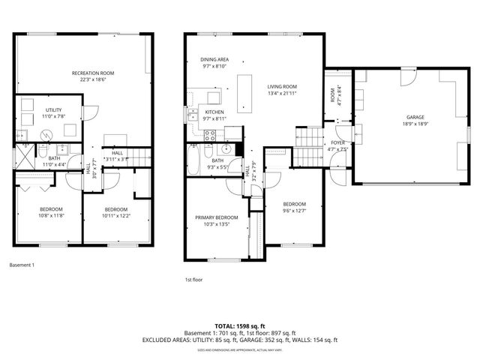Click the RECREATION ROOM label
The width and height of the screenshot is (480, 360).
pos(93,73)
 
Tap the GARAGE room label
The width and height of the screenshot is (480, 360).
pos(415,117)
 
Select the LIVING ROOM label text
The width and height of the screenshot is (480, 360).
pos(283,87)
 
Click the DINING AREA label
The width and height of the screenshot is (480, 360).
pos(214,59)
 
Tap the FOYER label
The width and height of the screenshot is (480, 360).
pos(338,142)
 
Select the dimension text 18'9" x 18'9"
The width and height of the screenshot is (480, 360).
pos(415,124)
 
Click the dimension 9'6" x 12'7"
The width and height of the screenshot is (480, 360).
pos(294,211)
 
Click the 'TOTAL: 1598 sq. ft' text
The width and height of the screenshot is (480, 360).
pos(239,326)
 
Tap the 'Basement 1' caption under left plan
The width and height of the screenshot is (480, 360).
pos(22,265)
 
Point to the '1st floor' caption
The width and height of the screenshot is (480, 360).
pos(194,279)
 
